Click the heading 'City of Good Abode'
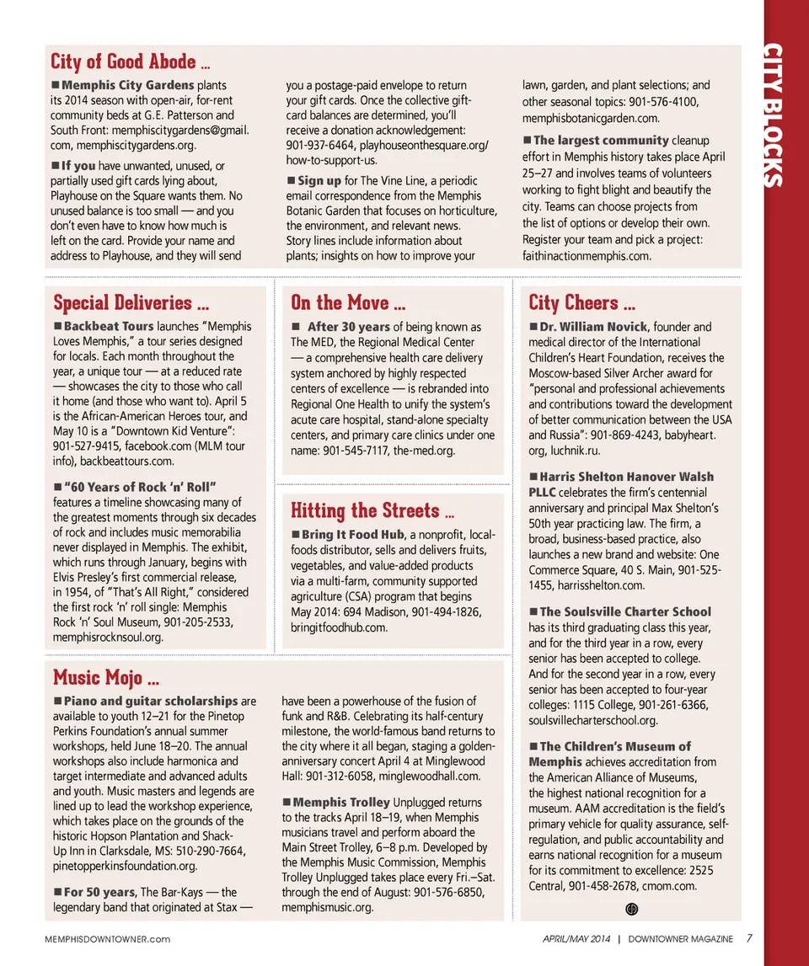[x=124, y=61]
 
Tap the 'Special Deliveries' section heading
[x=124, y=302]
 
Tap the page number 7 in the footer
[x=749, y=938]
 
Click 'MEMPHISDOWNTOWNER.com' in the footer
[x=107, y=939]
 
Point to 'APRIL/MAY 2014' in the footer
[x=576, y=939]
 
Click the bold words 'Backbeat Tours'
[x=109, y=326]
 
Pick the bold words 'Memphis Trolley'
[x=341, y=803]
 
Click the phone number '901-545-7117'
[x=357, y=451]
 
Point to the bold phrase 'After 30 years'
[x=349, y=327]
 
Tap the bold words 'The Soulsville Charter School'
[x=625, y=612]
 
